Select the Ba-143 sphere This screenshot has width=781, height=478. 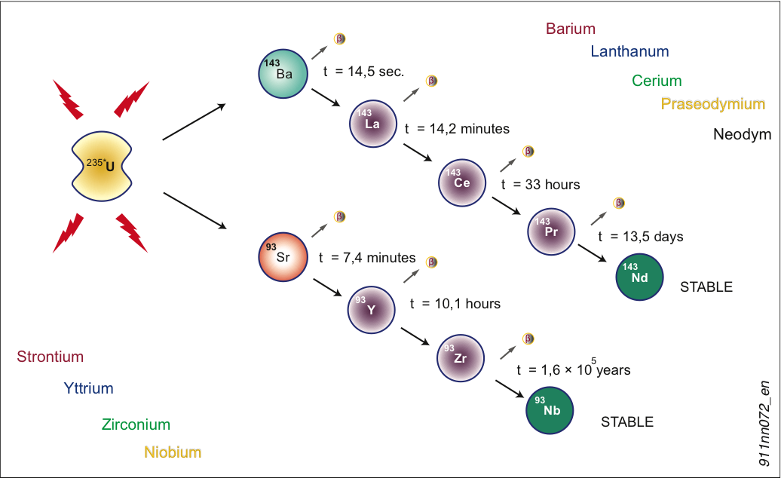[283, 72]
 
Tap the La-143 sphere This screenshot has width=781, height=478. [372, 123]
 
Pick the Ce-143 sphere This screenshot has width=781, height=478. [462, 182]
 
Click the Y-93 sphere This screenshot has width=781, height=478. [371, 308]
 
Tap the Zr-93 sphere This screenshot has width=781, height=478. [460, 358]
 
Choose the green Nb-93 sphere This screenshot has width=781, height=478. [550, 409]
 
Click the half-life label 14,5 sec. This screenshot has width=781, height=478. [364, 72]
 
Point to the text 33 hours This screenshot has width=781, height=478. [541, 184]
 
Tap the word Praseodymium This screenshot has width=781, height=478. [713, 104]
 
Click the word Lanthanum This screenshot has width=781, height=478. [629, 52]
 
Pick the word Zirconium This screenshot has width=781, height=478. [136, 425]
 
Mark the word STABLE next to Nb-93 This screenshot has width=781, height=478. [626, 422]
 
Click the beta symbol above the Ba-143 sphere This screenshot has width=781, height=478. [340, 39]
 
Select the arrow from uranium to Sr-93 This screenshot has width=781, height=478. [194, 210]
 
